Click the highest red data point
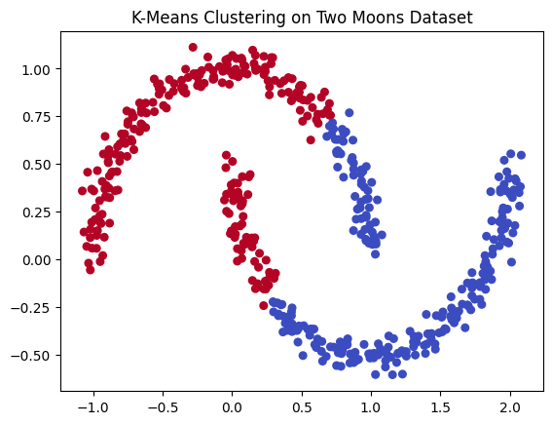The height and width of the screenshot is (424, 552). coord(193,47)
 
